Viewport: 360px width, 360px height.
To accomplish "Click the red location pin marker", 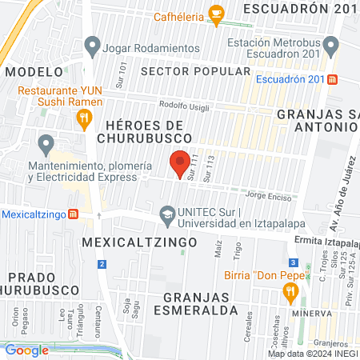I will pos(181,162).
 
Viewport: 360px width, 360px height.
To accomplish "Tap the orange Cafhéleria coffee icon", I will pos(215,13).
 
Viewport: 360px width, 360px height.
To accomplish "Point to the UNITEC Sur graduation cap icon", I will pos(166,214).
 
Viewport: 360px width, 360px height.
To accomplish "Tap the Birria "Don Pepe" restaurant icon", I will pos(289,294).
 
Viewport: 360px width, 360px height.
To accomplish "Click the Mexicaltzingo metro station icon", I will pos(74,214).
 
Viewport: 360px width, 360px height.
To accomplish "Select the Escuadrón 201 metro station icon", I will pos(333,79).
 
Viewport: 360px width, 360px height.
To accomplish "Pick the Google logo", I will pos(27,350).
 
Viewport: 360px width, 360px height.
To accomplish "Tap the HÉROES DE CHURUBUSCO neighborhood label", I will pos(145,131).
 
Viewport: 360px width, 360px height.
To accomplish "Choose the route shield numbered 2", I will pos(102,263).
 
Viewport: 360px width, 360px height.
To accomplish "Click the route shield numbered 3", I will pos(294,262).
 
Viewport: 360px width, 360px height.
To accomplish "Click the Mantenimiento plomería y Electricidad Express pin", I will pos(46,145).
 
